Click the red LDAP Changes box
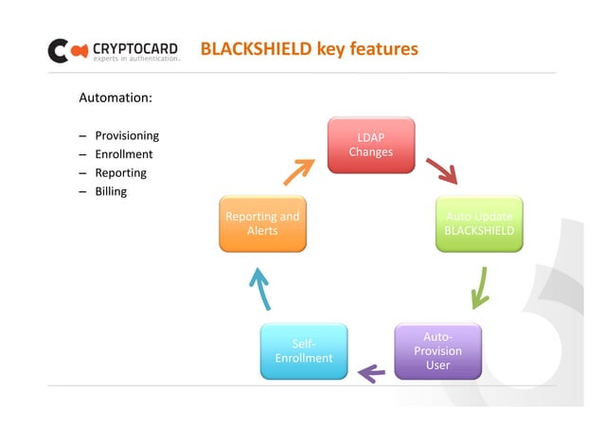click(x=370, y=145)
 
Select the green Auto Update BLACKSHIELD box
click(x=479, y=223)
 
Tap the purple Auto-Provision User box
click(x=437, y=350)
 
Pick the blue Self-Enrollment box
click(x=303, y=350)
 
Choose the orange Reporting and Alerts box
click(x=262, y=223)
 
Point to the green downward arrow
click(x=480, y=287)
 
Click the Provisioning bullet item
click(x=126, y=135)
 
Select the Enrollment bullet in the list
click(x=123, y=154)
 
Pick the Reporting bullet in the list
click(x=120, y=173)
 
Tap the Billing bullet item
click(x=111, y=191)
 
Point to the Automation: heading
click(x=115, y=98)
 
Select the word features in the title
click(x=382, y=48)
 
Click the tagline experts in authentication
click(x=135, y=59)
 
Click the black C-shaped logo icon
click(x=59, y=50)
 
